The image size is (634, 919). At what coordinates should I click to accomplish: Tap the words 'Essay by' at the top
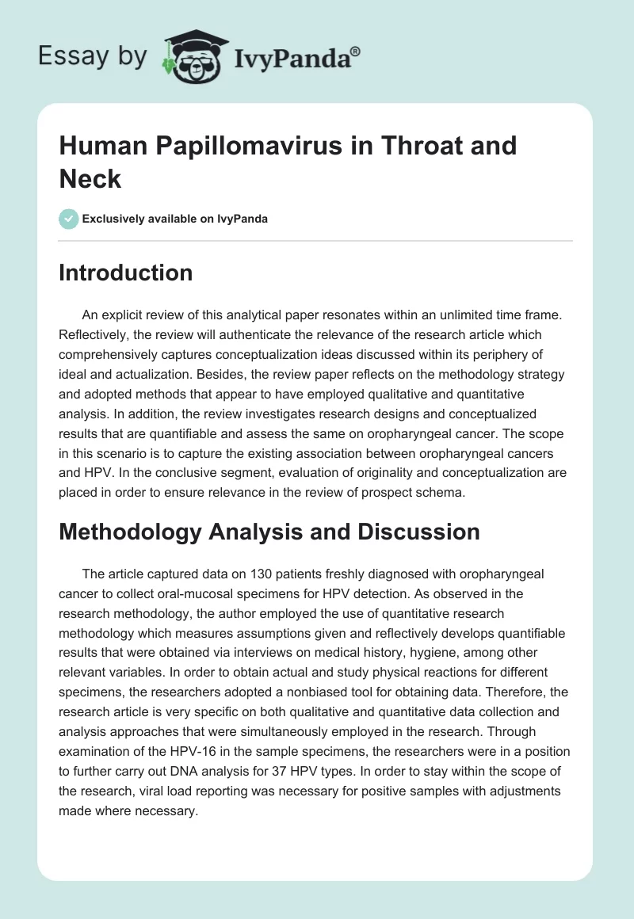93,56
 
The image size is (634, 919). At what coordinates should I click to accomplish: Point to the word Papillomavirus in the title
243,147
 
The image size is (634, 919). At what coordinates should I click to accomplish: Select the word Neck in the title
90,179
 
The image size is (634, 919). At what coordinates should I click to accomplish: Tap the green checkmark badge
69,219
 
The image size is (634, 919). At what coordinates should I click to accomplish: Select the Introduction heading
125,273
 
